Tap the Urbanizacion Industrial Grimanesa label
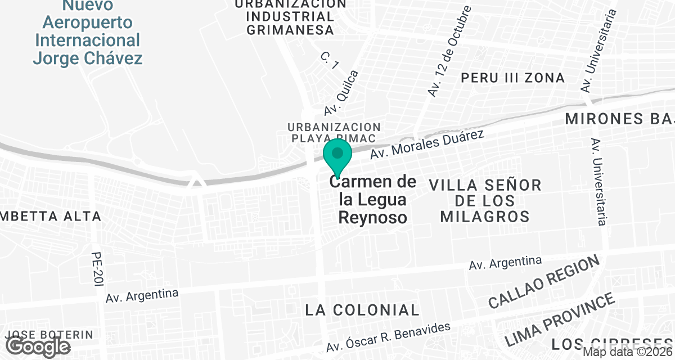click(x=291, y=17)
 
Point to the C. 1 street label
click(x=329, y=61)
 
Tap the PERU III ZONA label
click(x=512, y=78)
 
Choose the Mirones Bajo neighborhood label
click(x=619, y=119)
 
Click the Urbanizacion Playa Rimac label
click(x=334, y=133)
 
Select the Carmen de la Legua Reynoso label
click(x=373, y=199)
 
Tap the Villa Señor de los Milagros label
click(x=485, y=200)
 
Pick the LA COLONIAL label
click(x=362, y=310)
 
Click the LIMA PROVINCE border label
click(x=559, y=320)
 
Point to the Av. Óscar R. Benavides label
click(x=389, y=339)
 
